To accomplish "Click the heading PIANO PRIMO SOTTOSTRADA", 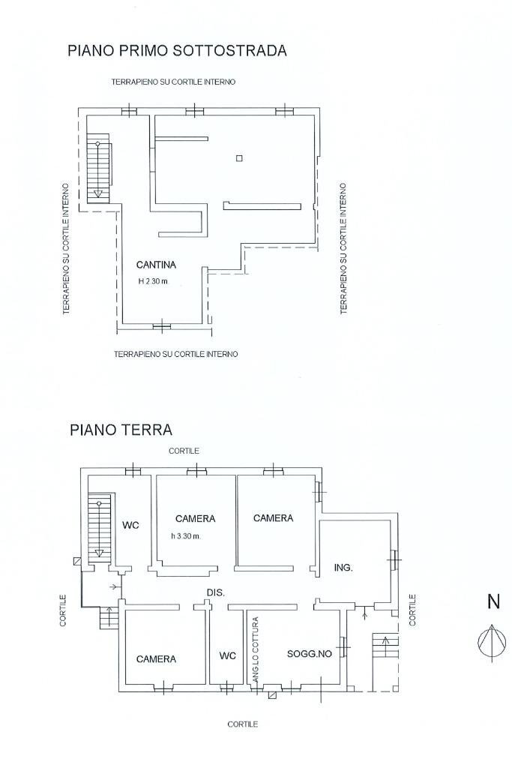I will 177,51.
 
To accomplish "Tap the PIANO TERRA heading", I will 121,430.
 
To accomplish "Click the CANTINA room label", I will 156,265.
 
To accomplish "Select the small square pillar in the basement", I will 239,157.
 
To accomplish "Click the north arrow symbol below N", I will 492,643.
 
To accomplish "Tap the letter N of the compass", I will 493,601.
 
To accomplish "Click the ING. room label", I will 343,568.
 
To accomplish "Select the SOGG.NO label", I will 310,653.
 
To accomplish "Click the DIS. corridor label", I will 216,592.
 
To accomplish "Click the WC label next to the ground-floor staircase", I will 130,525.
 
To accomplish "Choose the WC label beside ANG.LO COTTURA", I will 228,655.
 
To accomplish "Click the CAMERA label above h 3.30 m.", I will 195,518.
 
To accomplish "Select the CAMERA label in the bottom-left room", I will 156,659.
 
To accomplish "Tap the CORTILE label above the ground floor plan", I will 184,451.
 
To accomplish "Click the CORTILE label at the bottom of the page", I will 242,724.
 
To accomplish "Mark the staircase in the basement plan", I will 98,169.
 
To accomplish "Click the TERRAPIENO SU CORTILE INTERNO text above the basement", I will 173,81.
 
